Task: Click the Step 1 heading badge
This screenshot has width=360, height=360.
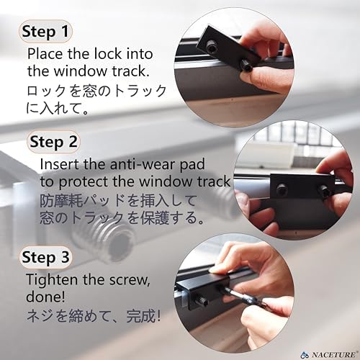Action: coord(45,32)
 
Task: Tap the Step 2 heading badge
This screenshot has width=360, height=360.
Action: coord(53,142)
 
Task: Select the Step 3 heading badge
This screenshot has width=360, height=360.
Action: coord(45,257)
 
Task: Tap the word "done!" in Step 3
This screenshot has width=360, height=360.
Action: coord(45,297)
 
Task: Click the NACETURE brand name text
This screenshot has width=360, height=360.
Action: coord(334,354)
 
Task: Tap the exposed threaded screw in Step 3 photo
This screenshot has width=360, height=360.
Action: coord(202,300)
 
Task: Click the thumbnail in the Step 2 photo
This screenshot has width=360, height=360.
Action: coord(240,198)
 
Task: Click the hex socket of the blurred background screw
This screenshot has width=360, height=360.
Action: coord(121,243)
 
